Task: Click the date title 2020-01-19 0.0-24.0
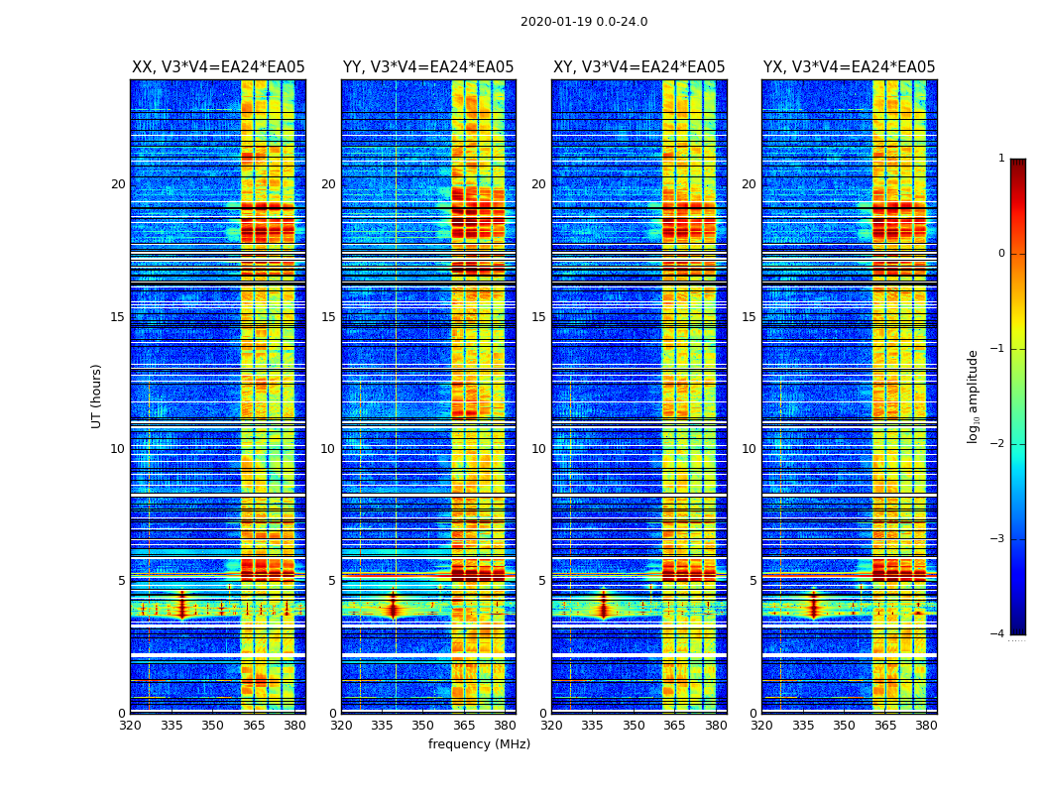point(584,22)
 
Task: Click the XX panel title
point(218,67)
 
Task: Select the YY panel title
point(428,67)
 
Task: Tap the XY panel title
point(638,67)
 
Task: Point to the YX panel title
point(849,67)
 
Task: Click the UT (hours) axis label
point(97,396)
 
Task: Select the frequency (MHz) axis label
point(479,744)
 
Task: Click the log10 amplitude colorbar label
point(974,396)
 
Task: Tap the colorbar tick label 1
point(1001,159)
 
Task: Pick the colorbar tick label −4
point(999,634)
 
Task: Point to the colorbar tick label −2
point(999,444)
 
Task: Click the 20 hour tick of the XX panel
point(118,184)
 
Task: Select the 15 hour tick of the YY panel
point(328,317)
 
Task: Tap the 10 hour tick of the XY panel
point(538,449)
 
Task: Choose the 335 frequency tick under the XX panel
point(172,726)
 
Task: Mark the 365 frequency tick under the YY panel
point(464,726)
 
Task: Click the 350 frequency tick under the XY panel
point(634,726)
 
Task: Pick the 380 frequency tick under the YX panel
point(926,726)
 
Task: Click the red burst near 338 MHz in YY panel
point(393,608)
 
